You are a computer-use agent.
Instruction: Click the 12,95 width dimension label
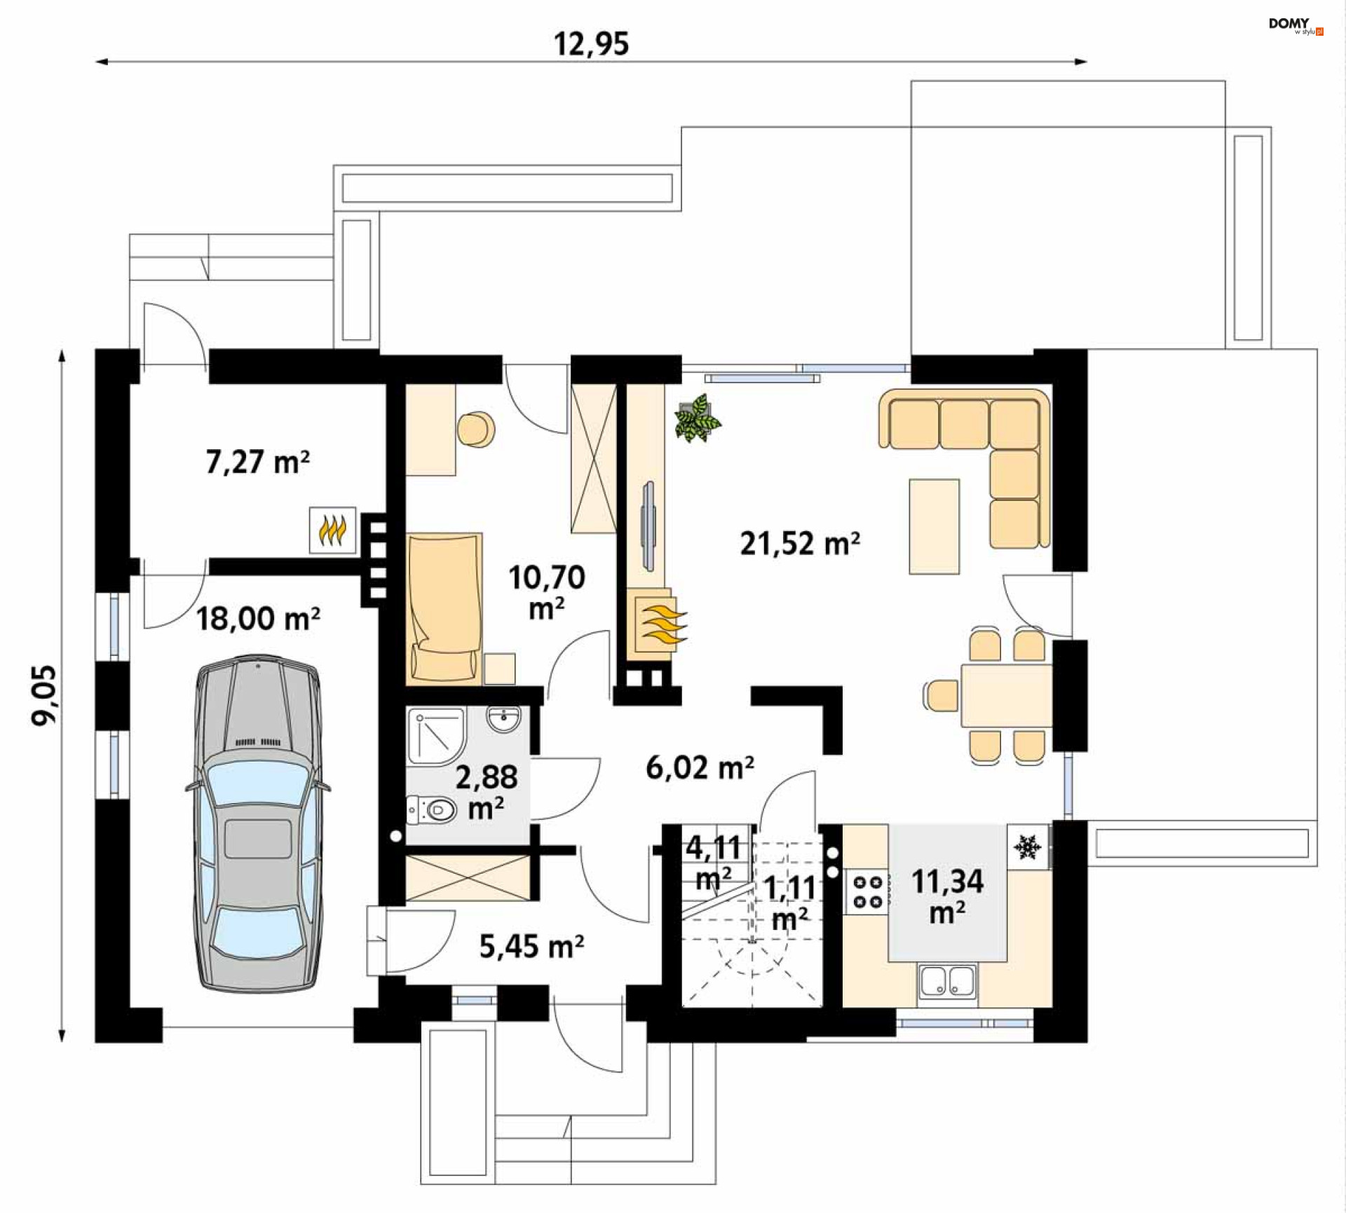tap(591, 44)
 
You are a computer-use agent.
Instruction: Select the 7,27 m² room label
tap(257, 462)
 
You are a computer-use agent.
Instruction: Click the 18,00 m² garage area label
tap(257, 619)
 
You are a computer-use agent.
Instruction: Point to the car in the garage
tap(258, 824)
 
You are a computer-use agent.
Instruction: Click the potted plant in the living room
tap(697, 418)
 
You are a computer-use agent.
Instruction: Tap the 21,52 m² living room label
tap(800, 543)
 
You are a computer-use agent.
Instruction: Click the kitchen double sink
tap(947, 980)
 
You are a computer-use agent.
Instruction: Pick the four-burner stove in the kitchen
tap(867, 892)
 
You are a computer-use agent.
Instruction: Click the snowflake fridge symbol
tap(1028, 847)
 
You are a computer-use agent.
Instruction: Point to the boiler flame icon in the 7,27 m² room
tap(332, 530)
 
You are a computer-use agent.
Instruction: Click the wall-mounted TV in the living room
tap(648, 526)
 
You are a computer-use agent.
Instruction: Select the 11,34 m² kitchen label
tap(947, 896)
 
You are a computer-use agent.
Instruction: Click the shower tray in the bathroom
tap(437, 736)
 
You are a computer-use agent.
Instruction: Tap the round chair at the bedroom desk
tap(476, 429)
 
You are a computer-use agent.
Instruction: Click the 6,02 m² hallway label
tap(700, 768)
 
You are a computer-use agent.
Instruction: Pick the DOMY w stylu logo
tap(1296, 25)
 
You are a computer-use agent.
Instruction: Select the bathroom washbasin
tap(503, 718)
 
